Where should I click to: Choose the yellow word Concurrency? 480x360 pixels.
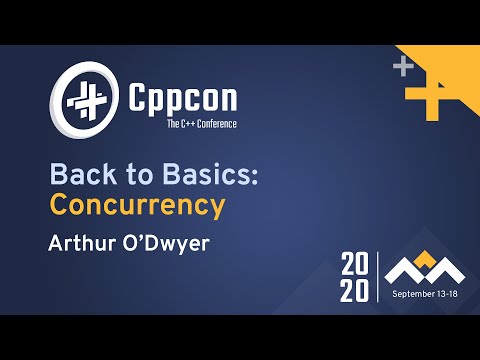(x=136, y=207)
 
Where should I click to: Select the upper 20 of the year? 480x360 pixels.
(x=357, y=266)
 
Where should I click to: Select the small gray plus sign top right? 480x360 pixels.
(x=403, y=68)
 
